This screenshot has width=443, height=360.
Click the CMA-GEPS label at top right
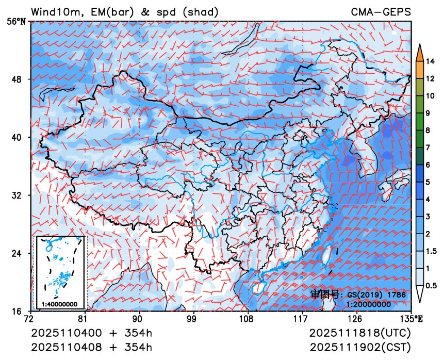point(381,11)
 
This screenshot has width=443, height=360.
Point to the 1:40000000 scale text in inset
point(59,304)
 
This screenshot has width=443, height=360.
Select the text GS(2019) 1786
point(376,294)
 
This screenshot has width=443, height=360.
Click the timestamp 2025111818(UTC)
point(361,333)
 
